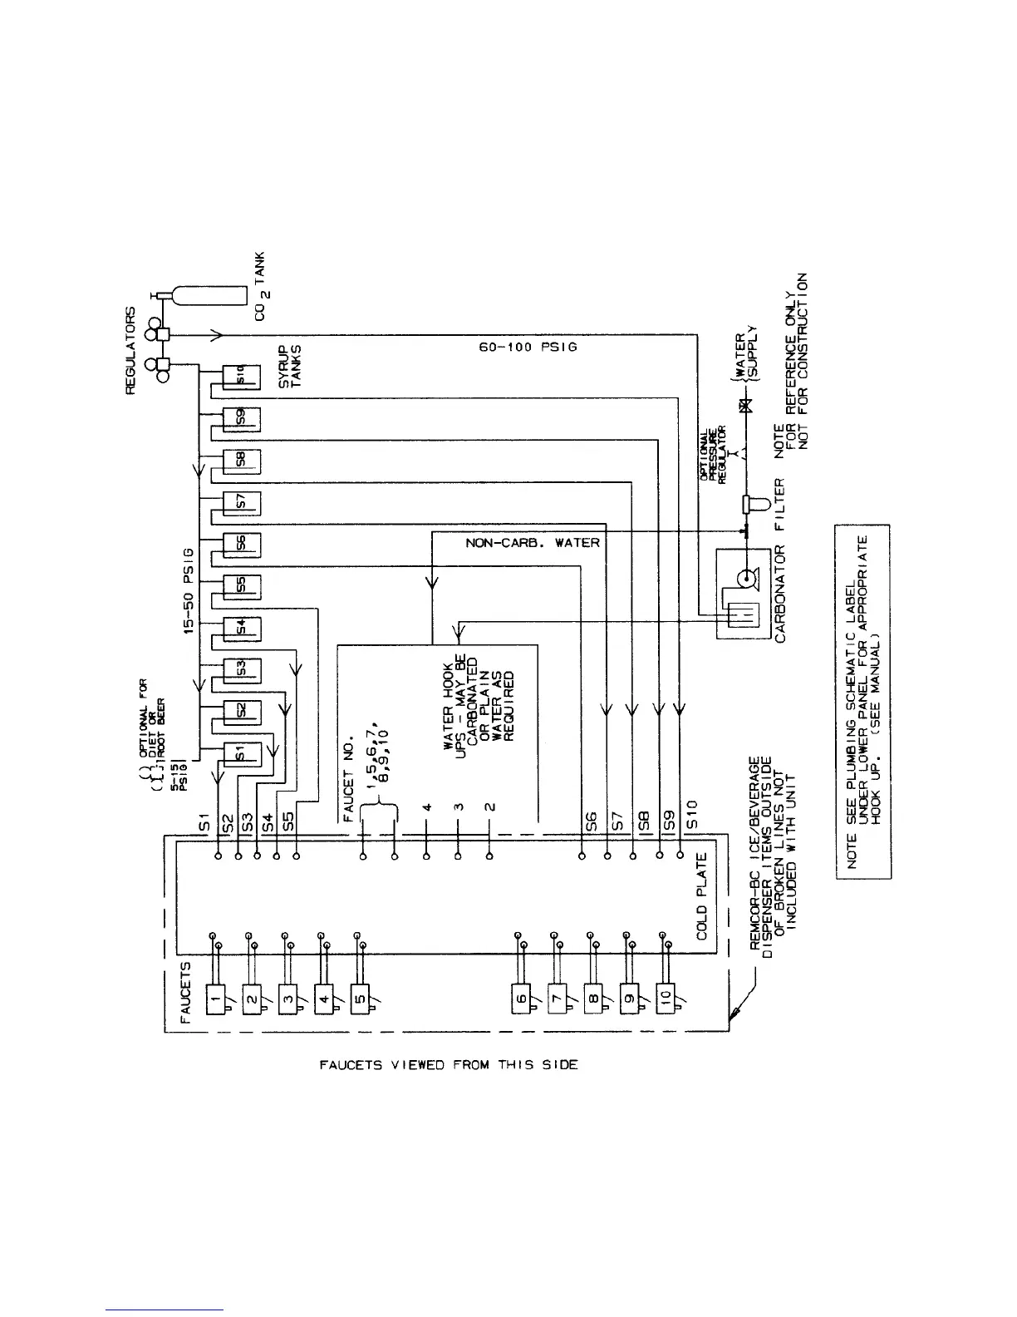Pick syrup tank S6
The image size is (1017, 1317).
243,544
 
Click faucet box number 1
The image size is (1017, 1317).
214,993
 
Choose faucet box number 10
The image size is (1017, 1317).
667,993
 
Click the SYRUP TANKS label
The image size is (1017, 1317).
290,366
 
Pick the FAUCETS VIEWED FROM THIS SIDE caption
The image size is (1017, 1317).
449,1064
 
